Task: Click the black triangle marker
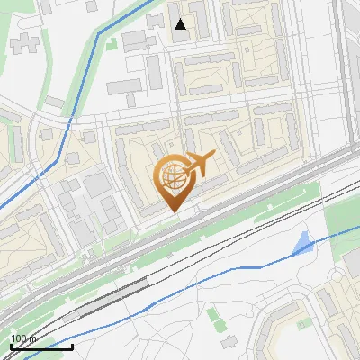[181, 24]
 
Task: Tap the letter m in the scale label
[33, 338]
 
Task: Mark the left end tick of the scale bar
[11, 346]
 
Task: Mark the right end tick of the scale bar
[72, 346]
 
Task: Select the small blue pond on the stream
[304, 242]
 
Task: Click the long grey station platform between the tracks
[112, 297]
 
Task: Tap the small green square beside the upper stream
[111, 41]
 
